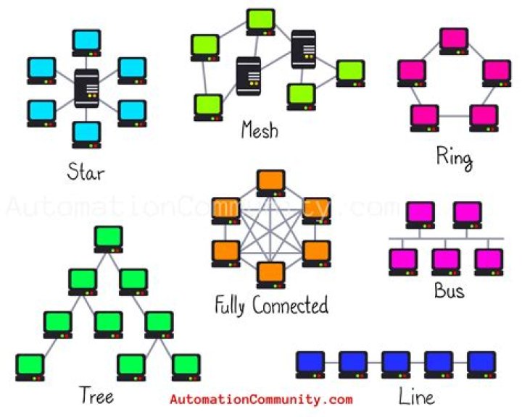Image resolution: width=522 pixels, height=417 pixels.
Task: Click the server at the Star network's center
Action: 86,88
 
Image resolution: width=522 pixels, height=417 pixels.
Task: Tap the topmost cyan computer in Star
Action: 86,43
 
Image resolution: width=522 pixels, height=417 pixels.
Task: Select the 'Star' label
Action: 86,172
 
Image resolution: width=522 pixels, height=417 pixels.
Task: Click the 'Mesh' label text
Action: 260,131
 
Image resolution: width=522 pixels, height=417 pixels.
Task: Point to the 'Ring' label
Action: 454,157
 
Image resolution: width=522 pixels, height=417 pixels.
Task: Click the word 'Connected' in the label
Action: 290,305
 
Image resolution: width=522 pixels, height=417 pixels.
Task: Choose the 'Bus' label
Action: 449,291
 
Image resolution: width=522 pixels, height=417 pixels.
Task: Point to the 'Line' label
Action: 417,397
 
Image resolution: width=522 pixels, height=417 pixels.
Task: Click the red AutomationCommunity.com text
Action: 261,399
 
